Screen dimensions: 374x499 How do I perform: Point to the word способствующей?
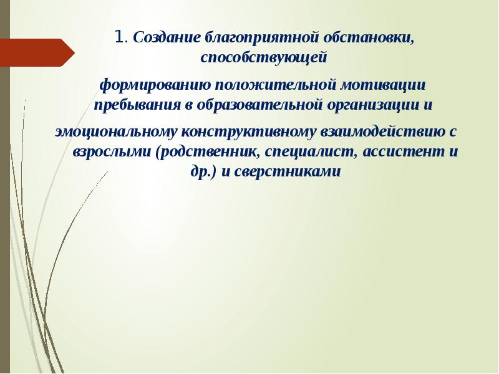(264, 58)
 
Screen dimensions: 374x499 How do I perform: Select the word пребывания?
(133, 105)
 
